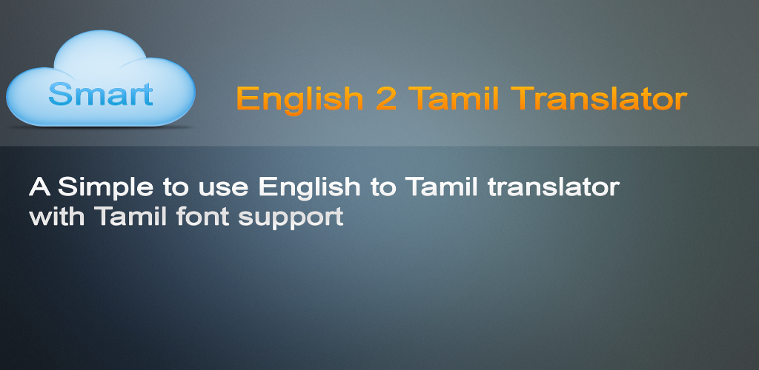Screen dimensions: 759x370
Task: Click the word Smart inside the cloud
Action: (101, 94)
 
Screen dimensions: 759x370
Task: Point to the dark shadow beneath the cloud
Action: (101, 127)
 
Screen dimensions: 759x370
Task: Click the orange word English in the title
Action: (299, 99)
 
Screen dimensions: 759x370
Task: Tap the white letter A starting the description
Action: (40, 186)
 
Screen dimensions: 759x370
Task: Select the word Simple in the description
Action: (105, 188)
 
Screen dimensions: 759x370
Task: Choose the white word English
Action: (309, 188)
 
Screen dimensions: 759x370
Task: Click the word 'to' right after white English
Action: (383, 187)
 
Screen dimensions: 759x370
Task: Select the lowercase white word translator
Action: (553, 186)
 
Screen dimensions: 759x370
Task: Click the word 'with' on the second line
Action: (57, 216)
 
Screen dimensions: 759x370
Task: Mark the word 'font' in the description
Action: (202, 216)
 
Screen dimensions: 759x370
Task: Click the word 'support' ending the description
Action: (291, 218)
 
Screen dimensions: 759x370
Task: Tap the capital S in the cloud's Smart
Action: (59, 94)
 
